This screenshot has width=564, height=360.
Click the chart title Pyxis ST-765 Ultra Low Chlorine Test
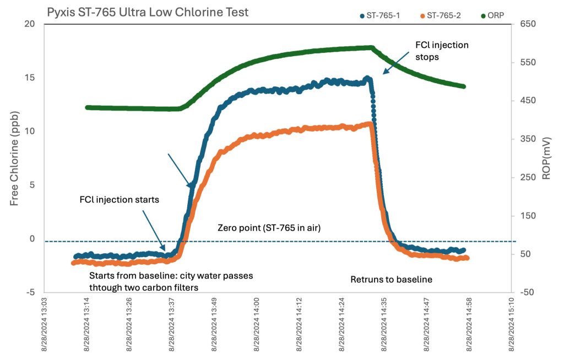tap(147, 12)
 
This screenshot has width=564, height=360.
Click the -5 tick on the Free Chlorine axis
tap(30, 292)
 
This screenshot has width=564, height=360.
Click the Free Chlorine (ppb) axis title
tap(15, 158)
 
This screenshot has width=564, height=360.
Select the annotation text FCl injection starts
tap(120, 200)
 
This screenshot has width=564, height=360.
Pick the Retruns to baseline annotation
tap(391, 280)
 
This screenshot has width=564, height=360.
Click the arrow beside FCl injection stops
tap(396, 64)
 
